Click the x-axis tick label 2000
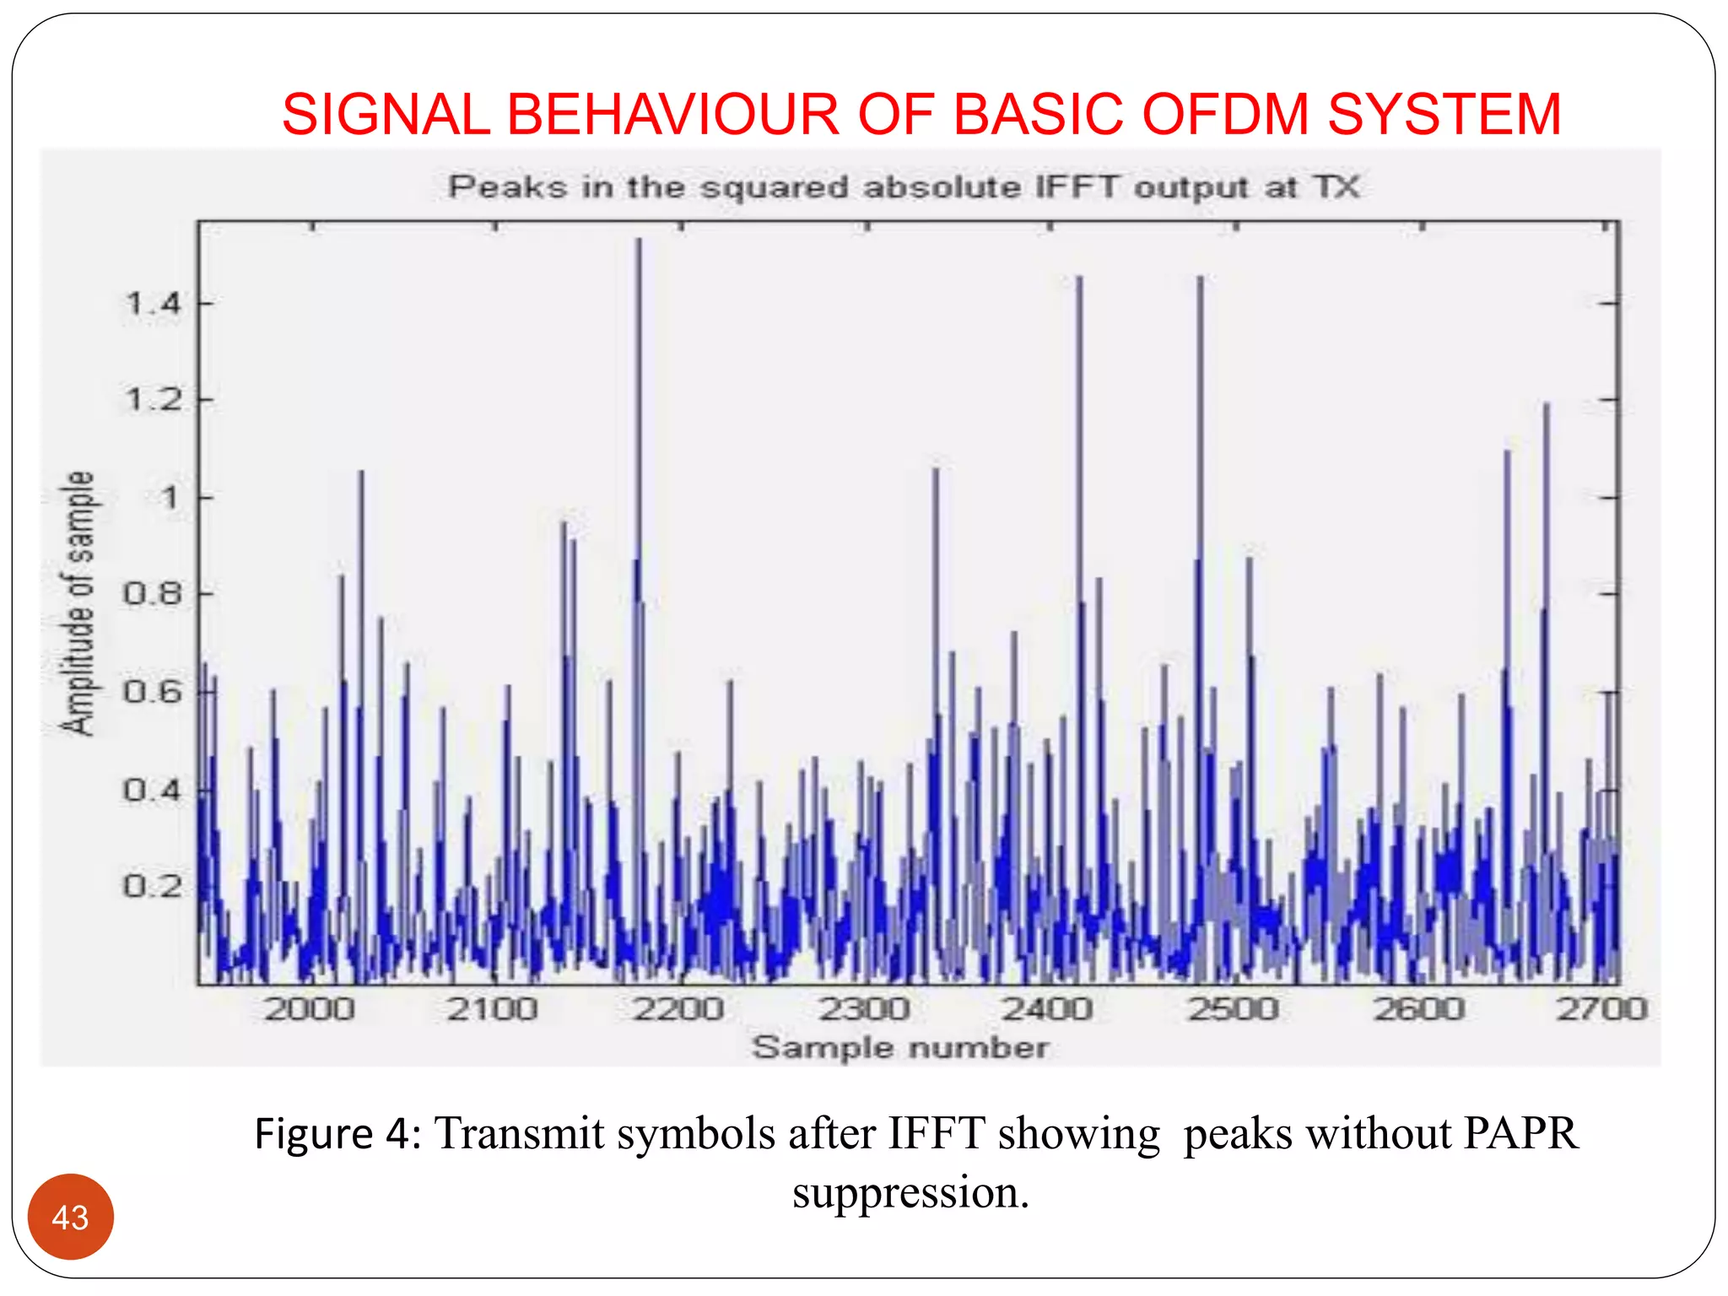(x=309, y=1009)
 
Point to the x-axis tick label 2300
(x=865, y=1009)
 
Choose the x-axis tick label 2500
(x=1234, y=1009)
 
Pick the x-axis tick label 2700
(x=1601, y=1009)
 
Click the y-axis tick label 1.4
(x=153, y=303)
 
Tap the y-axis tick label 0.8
(x=153, y=594)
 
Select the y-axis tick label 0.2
(x=153, y=887)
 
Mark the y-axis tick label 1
(x=170, y=497)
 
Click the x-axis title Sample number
(x=900, y=1047)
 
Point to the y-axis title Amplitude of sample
(x=77, y=603)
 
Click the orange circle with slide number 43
(x=70, y=1217)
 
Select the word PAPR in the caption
(x=1519, y=1133)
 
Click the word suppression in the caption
(x=910, y=1192)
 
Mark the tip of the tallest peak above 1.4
(x=639, y=240)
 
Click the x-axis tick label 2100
(x=493, y=1009)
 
